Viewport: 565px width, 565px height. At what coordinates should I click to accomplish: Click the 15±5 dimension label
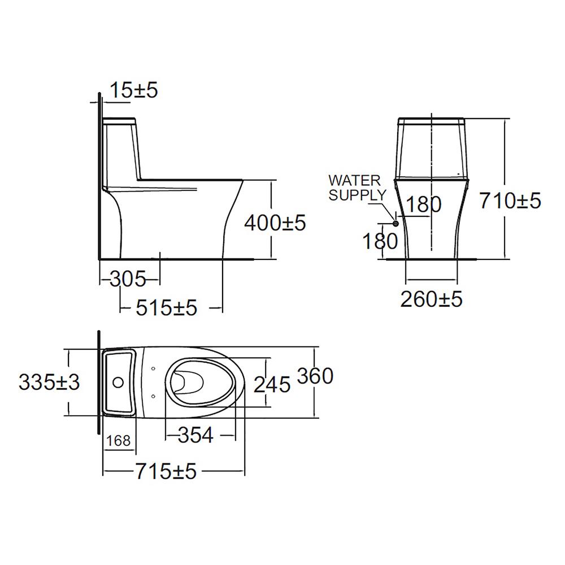(133, 90)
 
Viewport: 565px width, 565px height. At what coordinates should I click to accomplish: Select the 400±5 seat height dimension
(275, 223)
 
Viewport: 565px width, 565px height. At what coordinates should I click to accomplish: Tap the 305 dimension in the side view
(128, 279)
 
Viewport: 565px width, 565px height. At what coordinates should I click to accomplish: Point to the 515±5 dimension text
(166, 308)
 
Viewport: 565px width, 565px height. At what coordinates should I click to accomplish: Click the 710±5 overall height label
(510, 200)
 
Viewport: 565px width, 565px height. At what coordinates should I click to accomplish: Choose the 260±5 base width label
(432, 299)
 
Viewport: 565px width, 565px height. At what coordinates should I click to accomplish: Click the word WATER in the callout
(355, 181)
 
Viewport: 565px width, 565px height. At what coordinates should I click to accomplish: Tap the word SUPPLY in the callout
(358, 195)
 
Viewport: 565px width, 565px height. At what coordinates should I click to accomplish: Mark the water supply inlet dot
(395, 224)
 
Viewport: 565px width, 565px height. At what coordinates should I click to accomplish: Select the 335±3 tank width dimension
(49, 383)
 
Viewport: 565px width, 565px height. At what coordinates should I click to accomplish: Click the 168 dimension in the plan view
(119, 440)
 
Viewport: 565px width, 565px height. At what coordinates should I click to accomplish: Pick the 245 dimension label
(272, 384)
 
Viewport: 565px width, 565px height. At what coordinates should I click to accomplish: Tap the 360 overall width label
(315, 376)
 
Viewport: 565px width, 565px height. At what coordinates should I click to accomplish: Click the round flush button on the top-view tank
(118, 383)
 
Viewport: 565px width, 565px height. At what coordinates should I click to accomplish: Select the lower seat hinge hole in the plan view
(154, 396)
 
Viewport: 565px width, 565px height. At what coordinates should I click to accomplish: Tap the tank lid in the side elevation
(119, 120)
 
